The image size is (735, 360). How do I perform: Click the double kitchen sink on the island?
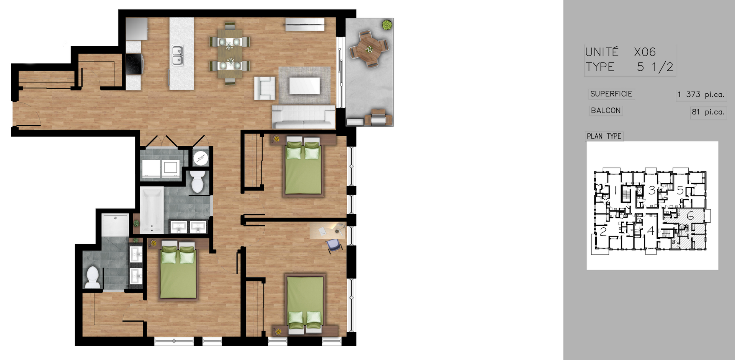177,55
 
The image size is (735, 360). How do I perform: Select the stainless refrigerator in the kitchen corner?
137,29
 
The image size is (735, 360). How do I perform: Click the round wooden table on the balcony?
369,49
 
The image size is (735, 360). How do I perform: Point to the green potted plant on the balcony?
387,25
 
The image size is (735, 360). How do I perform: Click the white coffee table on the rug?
304,86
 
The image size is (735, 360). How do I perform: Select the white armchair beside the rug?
265,88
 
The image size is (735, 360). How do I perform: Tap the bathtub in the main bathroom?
152,210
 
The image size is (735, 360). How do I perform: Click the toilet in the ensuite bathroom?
93,277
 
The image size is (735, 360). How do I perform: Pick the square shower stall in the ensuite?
115,225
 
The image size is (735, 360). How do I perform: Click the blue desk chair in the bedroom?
334,246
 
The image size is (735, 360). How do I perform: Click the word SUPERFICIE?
611,94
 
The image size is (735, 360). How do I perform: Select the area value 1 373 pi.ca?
701,94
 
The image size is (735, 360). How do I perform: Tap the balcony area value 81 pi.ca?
708,112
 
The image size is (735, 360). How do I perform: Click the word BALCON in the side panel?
606,111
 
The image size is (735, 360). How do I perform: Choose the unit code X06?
645,52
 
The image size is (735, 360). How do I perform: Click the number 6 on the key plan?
690,216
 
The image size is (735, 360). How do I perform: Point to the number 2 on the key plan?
603,231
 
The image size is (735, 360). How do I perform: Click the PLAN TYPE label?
604,136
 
